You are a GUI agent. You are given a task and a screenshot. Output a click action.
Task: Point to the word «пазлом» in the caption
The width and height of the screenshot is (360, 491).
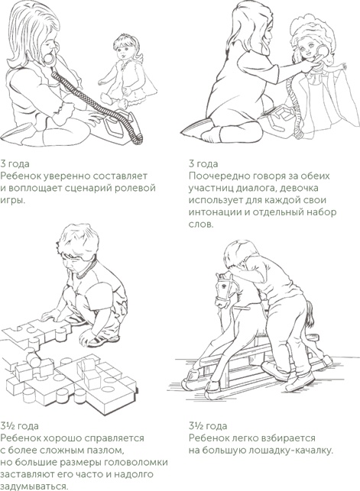pyautogui.click(x=103, y=451)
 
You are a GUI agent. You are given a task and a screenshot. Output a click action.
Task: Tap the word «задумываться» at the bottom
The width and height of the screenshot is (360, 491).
pyautogui.click(x=34, y=487)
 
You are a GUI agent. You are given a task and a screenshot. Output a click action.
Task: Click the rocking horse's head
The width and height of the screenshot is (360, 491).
pyautogui.click(x=225, y=289)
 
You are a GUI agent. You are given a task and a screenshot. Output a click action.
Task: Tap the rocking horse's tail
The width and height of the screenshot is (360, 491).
pyautogui.click(x=310, y=315)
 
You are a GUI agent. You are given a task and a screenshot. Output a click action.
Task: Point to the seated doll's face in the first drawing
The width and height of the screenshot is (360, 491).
pyautogui.click(x=124, y=50)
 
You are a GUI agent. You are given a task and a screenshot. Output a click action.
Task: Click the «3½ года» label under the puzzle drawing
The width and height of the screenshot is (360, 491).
pyautogui.click(x=19, y=426)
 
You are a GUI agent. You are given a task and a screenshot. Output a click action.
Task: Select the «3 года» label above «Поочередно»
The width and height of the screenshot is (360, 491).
pyautogui.click(x=203, y=163)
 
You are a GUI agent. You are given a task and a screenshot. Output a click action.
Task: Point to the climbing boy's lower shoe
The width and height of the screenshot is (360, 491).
pyautogui.click(x=299, y=382)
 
